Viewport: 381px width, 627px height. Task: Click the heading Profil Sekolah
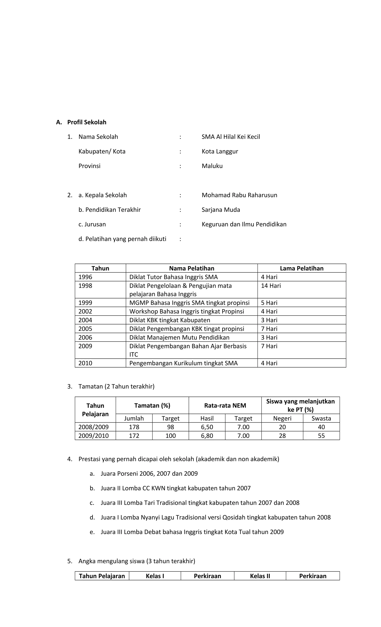[x=87, y=122]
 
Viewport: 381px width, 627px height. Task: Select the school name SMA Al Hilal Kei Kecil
[x=230, y=137]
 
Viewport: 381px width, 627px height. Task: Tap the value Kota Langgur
[x=220, y=151]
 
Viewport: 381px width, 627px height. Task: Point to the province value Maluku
[x=212, y=166]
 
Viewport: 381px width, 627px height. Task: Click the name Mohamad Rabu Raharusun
[x=239, y=195]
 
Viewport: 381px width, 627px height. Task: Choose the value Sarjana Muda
[x=221, y=210]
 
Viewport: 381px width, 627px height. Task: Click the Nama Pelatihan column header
[x=191, y=268]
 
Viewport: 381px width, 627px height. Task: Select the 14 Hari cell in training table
[x=271, y=286]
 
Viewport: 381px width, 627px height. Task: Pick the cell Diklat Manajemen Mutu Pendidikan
[x=179, y=337]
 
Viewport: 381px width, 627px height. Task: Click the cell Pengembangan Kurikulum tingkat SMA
[x=183, y=363]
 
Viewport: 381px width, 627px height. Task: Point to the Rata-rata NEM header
[x=225, y=405]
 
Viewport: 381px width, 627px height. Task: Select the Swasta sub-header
[x=321, y=418]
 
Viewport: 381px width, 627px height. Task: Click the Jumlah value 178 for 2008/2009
[x=134, y=427]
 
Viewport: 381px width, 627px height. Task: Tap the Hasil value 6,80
[x=207, y=436]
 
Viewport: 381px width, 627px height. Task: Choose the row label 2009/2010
[x=93, y=436]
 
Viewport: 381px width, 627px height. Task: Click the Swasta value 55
[x=321, y=436]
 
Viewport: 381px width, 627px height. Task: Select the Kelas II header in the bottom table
[x=260, y=576]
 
